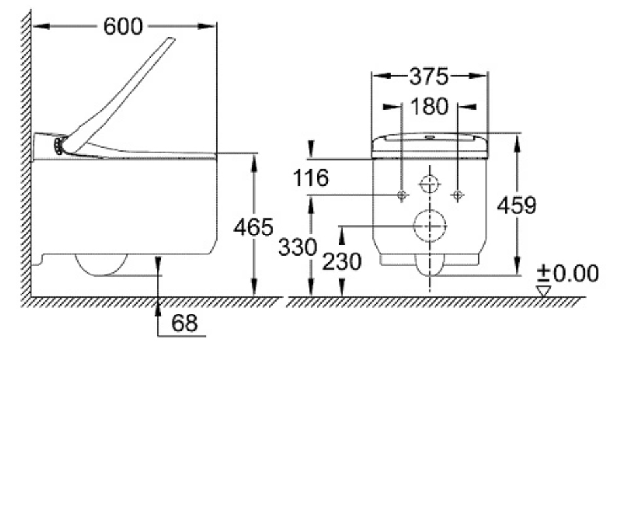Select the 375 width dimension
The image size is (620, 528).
[429, 76]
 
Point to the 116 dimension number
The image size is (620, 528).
[311, 177]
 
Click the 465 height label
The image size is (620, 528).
[253, 227]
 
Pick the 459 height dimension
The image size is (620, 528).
[518, 205]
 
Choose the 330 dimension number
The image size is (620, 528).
[297, 247]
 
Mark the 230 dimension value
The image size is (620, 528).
[341, 262]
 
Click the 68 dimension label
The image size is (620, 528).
[184, 323]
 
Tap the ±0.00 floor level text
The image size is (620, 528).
[568, 274]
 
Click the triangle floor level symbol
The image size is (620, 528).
[543, 291]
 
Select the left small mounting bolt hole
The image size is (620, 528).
[402, 195]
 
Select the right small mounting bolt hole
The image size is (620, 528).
[458, 195]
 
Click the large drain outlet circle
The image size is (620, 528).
[430, 226]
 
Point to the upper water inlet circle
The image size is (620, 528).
[430, 184]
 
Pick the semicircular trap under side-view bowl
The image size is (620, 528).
[102, 265]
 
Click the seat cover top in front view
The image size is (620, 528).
[430, 139]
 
